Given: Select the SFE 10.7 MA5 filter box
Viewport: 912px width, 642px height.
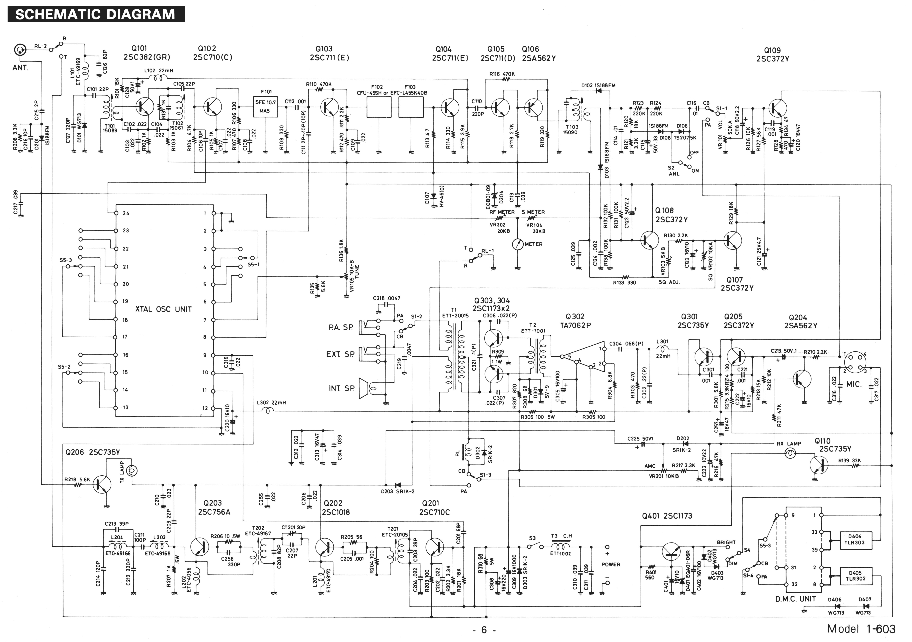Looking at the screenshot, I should click(265, 106).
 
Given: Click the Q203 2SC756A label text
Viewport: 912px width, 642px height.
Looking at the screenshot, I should click(214, 507).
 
